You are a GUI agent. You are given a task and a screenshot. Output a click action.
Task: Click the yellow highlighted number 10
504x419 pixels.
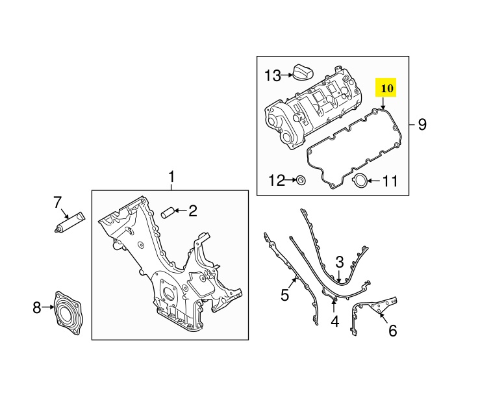click(x=386, y=88)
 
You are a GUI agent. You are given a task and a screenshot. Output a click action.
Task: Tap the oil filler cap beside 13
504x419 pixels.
click(x=303, y=72)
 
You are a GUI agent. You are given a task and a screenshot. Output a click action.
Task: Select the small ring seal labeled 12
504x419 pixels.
click(x=301, y=180)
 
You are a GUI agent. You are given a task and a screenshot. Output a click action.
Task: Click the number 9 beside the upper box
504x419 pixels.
click(x=422, y=125)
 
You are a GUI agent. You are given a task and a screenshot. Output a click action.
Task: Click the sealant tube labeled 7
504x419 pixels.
click(x=69, y=222)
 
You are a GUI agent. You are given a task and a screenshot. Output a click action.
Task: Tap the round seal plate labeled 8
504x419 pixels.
click(x=68, y=314)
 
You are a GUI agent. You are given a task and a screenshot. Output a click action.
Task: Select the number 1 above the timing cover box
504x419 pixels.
click(x=171, y=177)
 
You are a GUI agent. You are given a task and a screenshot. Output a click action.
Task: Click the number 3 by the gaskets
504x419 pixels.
click(x=340, y=262)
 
